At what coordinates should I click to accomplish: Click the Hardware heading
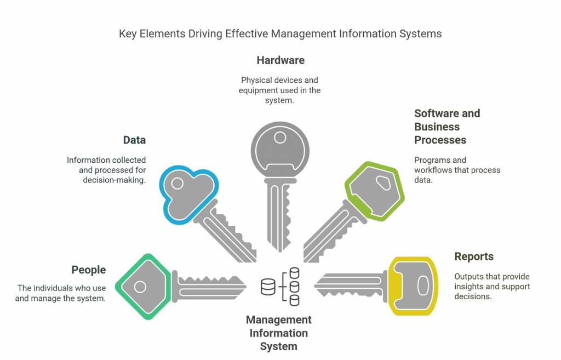[x=280, y=60]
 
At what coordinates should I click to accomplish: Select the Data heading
[x=134, y=140]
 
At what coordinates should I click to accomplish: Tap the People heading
[x=88, y=270]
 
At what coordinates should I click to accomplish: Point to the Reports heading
[x=474, y=256]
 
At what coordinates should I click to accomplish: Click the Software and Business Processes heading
[x=447, y=127]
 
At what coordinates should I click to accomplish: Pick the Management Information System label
[x=278, y=333]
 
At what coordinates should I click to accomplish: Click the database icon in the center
[x=280, y=286]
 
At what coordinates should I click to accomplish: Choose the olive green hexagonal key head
[x=375, y=191]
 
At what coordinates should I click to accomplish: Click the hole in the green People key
[x=140, y=287]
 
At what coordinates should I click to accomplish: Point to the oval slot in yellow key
[x=422, y=285]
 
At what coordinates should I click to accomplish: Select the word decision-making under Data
[x=114, y=180]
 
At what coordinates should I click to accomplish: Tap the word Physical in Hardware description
[x=256, y=81]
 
